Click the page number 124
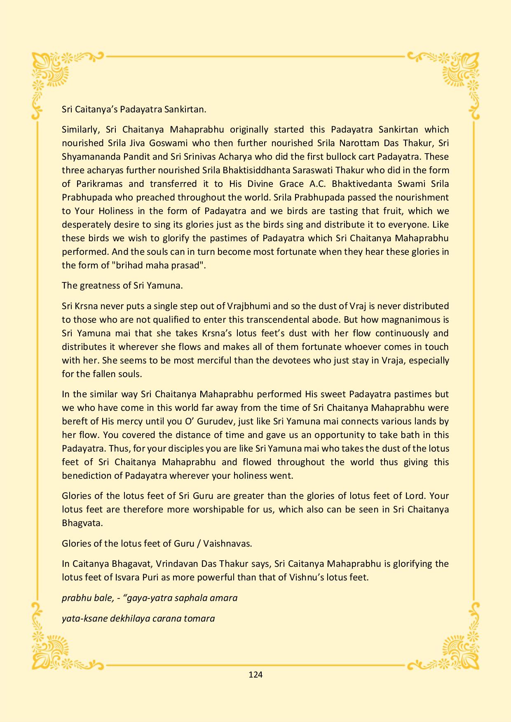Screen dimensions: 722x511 tap(255, 674)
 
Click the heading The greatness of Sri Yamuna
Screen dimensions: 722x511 tap(122, 285)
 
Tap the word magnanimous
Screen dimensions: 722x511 tap(405, 319)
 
